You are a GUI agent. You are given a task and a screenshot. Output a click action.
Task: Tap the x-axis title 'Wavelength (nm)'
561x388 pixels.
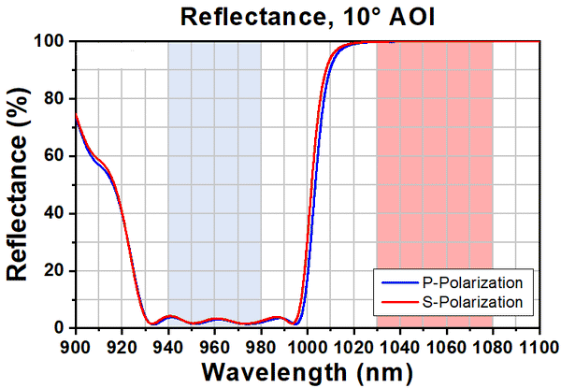(x=307, y=372)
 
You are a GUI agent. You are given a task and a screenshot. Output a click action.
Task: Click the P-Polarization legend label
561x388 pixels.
(x=466, y=281)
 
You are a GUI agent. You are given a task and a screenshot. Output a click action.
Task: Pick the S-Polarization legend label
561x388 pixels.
(x=466, y=302)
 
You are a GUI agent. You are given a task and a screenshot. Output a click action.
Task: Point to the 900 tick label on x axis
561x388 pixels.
(x=75, y=344)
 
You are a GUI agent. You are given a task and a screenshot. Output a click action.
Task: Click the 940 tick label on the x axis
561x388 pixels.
(x=168, y=344)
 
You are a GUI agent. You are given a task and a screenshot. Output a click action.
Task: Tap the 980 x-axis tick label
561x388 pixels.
(x=261, y=344)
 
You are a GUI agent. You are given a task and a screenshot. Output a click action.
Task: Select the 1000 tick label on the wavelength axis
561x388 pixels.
(x=308, y=344)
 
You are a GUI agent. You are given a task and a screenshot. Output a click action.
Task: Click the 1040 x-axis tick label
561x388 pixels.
(x=400, y=344)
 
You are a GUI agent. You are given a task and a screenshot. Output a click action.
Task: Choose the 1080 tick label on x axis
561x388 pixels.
(x=493, y=344)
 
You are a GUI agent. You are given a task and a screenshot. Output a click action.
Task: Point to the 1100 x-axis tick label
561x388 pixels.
(x=539, y=344)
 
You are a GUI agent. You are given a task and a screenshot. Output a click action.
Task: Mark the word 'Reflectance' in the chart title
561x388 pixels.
(x=262, y=16)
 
